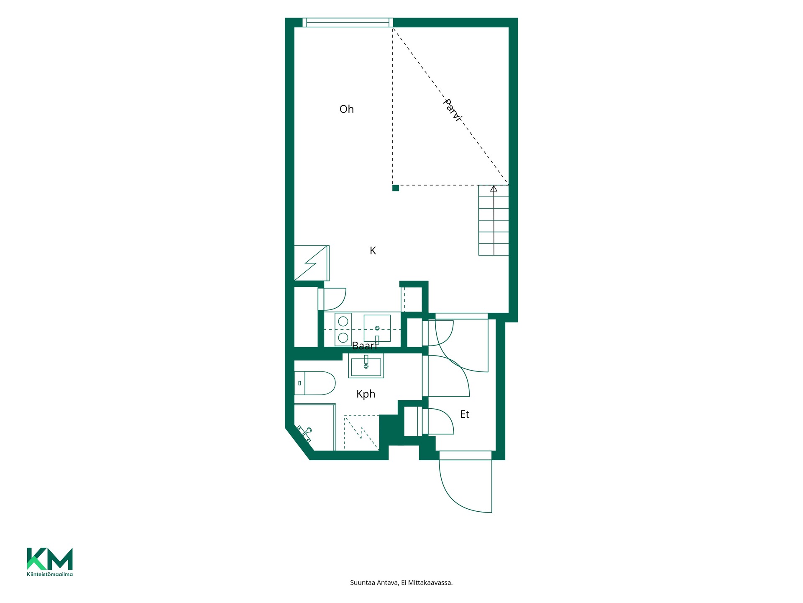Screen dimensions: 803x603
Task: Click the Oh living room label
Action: click(347, 109)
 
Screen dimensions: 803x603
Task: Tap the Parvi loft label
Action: click(453, 110)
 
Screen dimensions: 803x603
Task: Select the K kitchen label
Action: click(373, 250)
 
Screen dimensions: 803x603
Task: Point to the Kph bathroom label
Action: click(366, 394)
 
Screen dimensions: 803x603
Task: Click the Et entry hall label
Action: click(465, 414)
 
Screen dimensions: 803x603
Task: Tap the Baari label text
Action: click(364, 346)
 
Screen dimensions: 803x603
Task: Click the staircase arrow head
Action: click(494, 189)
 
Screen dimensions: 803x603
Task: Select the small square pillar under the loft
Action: click(396, 188)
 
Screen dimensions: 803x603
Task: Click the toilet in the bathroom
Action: click(315, 383)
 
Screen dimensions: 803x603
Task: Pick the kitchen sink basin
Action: click(377, 328)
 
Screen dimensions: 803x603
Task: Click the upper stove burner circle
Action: click(343, 322)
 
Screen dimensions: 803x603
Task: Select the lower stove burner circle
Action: click(343, 338)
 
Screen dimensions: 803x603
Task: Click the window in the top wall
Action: click(348, 23)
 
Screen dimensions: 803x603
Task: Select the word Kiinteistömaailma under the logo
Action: click(50, 574)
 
